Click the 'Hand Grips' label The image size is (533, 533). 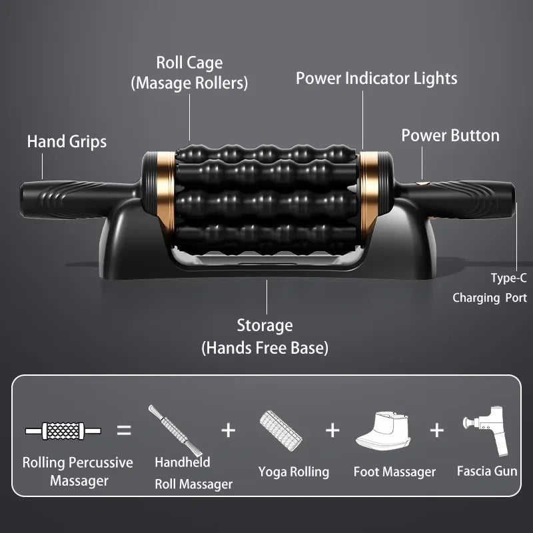(x=67, y=141)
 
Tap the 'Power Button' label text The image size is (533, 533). (x=450, y=135)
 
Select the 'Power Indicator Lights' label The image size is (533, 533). (x=376, y=78)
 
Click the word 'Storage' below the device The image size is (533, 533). (x=265, y=325)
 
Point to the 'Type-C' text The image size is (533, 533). (x=508, y=278)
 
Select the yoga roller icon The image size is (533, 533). (x=280, y=430)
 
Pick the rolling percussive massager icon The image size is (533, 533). (x=63, y=431)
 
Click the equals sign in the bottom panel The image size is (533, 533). (x=124, y=430)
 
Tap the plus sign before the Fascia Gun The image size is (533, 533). (x=436, y=430)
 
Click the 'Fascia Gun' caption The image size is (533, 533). (x=487, y=471)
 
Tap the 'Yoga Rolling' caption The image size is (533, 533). (x=294, y=472)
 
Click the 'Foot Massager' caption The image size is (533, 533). (x=394, y=472)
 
